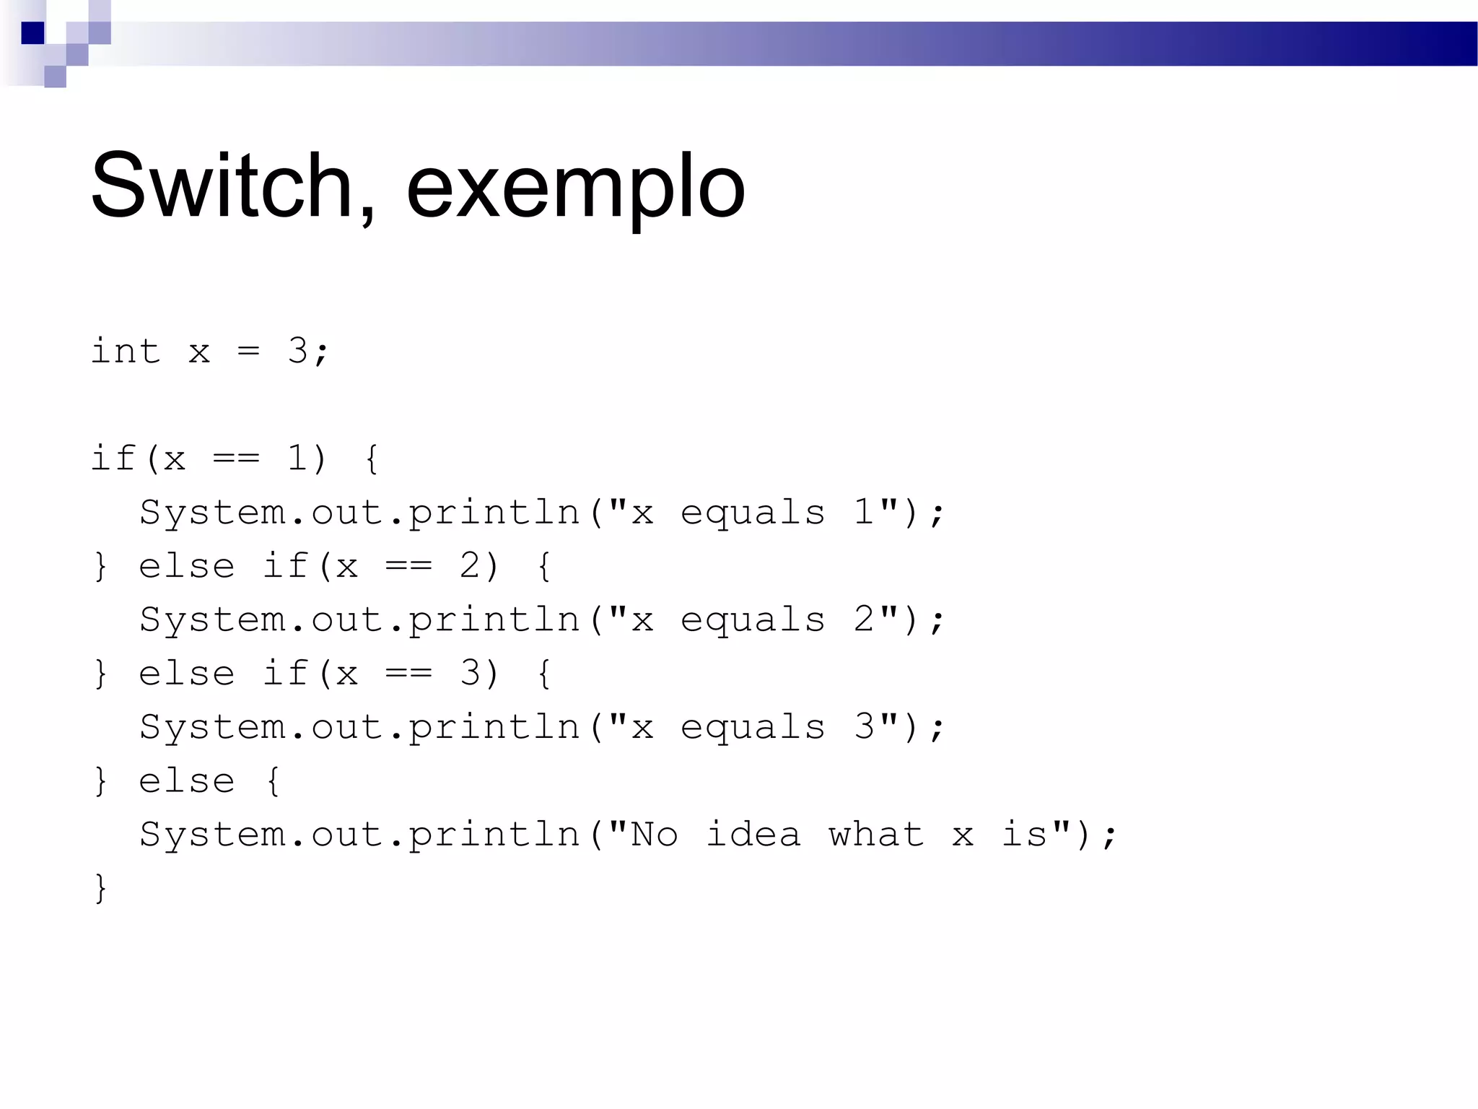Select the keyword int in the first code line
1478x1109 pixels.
(125, 352)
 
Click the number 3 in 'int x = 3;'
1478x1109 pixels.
(297, 352)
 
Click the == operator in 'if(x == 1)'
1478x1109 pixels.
(236, 458)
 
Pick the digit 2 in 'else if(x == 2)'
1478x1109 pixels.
(470, 566)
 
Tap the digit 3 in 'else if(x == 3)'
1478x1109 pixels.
(470, 674)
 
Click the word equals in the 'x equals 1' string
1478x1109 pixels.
(753, 513)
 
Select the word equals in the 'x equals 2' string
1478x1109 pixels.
(753, 620)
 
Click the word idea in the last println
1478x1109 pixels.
(753, 835)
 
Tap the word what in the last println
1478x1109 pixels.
(876, 835)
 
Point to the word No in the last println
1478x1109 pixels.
(655, 835)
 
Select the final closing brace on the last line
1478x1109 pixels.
(101, 888)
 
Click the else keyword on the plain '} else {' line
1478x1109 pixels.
(186, 781)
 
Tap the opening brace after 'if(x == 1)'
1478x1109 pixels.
(372, 458)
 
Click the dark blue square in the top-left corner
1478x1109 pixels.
(32, 33)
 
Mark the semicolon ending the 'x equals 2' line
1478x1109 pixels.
(937, 622)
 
